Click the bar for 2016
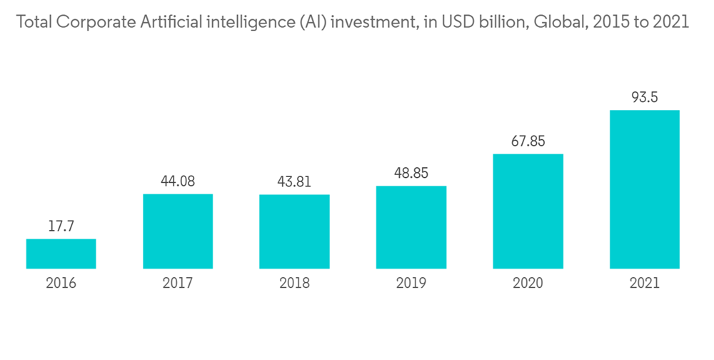(x=61, y=254)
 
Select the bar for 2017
(x=177, y=231)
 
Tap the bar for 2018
(x=294, y=231)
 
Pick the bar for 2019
(x=411, y=227)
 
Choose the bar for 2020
(x=528, y=211)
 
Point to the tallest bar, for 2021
(x=644, y=189)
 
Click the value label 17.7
(x=61, y=226)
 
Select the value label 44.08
(x=177, y=181)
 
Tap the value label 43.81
(x=294, y=182)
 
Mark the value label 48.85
(x=411, y=174)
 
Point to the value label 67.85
(x=528, y=141)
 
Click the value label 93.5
(x=644, y=98)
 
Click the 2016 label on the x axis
(x=61, y=284)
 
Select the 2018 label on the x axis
(x=294, y=284)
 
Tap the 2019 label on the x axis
(x=411, y=284)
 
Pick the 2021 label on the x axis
(x=644, y=284)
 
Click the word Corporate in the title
(x=93, y=23)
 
